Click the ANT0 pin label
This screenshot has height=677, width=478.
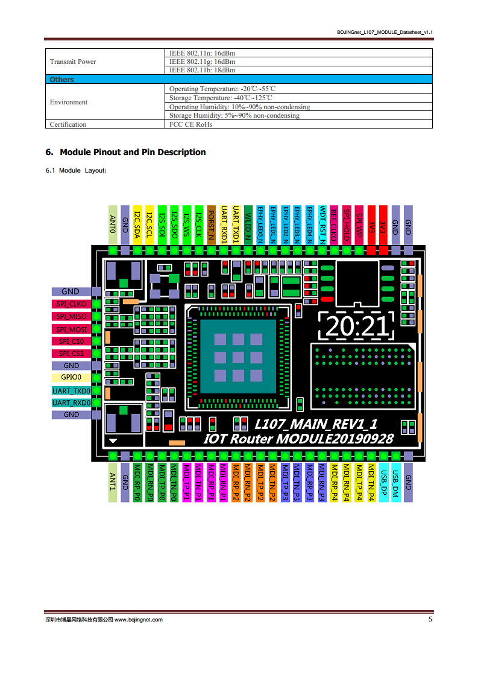(x=113, y=225)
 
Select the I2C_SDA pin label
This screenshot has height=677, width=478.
(x=137, y=225)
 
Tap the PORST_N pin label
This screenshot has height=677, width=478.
(x=212, y=225)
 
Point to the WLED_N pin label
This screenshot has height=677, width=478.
(x=248, y=225)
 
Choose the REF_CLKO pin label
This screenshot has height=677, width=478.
(x=334, y=225)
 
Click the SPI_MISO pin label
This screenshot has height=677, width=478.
(x=71, y=317)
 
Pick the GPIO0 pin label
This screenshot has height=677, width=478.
(x=71, y=377)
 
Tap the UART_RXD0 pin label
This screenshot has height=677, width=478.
(x=71, y=403)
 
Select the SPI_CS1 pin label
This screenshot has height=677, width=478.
(x=71, y=354)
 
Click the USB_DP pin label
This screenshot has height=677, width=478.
(x=383, y=482)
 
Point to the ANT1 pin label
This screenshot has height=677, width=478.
(x=113, y=482)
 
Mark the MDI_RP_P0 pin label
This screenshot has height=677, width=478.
(x=137, y=482)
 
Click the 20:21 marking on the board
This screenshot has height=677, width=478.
(x=356, y=326)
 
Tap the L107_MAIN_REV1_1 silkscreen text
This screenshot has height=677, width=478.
(x=316, y=424)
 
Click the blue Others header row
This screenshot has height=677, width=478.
(x=239, y=80)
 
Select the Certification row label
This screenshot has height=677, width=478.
(x=68, y=124)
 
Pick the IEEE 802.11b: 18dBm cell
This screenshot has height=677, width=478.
(x=203, y=71)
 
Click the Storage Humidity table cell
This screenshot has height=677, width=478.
(x=234, y=116)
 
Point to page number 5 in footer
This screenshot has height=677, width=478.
(x=430, y=619)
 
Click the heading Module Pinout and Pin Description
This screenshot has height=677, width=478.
(x=133, y=152)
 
